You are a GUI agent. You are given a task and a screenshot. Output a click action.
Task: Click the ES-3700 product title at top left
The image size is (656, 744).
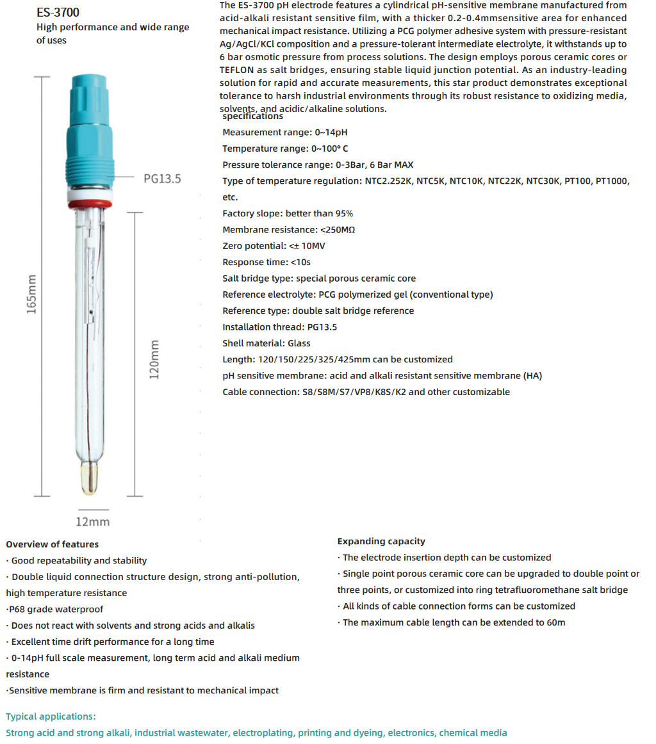[x=58, y=12]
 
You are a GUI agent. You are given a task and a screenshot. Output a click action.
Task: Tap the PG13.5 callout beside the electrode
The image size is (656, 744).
[x=162, y=179]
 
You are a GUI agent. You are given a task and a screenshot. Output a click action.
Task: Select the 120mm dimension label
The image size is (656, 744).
[x=154, y=359]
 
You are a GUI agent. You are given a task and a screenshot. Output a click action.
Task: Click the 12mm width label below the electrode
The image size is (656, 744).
[x=93, y=521]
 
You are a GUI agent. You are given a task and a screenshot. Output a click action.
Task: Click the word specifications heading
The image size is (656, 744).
[x=252, y=117]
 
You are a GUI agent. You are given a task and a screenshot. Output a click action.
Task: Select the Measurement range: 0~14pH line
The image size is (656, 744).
[x=285, y=133]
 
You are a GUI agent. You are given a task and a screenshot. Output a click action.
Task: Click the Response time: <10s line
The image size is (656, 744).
[x=266, y=262]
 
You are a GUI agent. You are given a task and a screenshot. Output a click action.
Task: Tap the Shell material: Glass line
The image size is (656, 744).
[x=266, y=343]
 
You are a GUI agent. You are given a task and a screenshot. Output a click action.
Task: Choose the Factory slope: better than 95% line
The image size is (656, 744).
[x=288, y=213]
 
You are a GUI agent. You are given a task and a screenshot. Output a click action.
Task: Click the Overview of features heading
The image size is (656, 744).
[x=53, y=544]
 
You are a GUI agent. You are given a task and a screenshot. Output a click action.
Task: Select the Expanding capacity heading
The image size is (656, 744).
[x=381, y=541]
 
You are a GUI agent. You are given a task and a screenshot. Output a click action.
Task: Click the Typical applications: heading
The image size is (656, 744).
[x=51, y=716]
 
